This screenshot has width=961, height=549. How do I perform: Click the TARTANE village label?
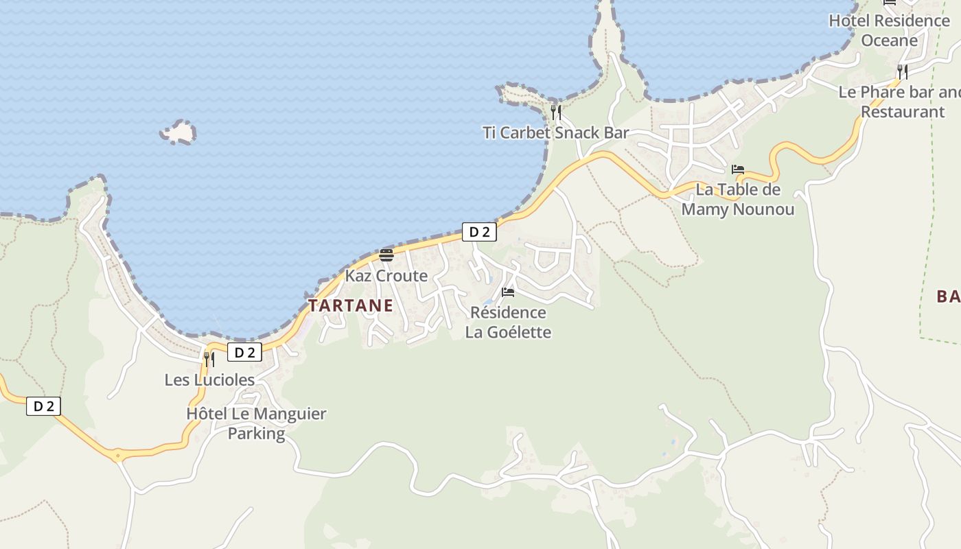point(351,305)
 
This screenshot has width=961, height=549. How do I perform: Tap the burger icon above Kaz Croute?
point(386,255)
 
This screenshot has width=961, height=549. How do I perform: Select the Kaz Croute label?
point(386,276)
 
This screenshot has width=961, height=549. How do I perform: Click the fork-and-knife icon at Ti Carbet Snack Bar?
point(556,112)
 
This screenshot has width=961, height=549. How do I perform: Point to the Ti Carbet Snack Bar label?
point(556,132)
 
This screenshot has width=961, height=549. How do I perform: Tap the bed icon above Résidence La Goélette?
point(508,292)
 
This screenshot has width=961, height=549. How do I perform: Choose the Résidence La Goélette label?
point(508,323)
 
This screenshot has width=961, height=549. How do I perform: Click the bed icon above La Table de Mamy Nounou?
point(738,169)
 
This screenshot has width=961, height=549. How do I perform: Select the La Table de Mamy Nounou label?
point(738,199)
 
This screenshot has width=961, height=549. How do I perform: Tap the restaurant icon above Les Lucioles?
point(209,359)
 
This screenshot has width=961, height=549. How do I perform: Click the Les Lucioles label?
point(209,379)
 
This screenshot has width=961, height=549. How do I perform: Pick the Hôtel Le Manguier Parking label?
point(256,423)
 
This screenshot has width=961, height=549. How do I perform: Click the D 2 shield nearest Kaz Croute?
point(479,232)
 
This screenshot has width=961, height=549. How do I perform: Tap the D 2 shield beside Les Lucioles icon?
point(245,353)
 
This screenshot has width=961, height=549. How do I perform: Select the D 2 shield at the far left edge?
point(44,406)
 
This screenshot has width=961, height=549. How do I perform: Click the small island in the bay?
point(178,131)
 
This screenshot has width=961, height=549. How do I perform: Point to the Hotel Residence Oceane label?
point(890,30)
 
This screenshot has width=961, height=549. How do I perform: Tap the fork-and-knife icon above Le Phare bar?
point(903,71)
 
